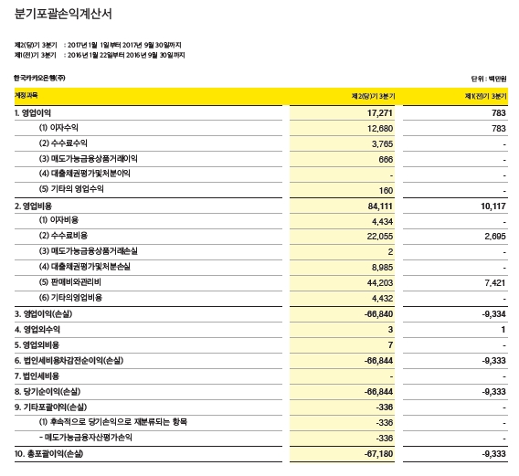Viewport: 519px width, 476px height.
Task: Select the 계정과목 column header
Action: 26,96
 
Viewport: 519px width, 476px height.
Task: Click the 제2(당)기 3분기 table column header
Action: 373,96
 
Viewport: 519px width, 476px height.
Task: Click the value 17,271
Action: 378,112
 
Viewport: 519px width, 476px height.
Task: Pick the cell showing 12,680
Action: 378,128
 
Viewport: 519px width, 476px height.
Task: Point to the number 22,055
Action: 378,236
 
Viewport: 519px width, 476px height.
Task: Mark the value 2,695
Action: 494,236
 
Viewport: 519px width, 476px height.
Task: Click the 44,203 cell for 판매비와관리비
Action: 378,282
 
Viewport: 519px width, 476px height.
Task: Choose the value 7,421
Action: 494,282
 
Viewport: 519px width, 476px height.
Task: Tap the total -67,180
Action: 376,453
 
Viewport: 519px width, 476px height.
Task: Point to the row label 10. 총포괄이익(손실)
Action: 52,453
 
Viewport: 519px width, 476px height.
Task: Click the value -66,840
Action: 376,313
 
